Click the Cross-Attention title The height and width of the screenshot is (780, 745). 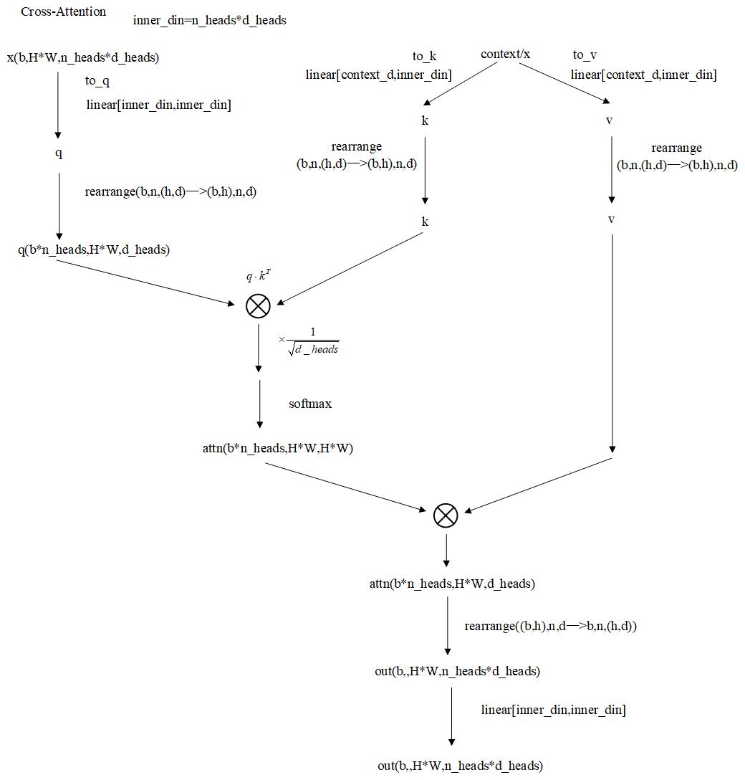64,12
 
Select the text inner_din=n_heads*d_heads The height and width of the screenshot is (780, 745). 210,20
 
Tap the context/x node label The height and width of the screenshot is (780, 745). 506,54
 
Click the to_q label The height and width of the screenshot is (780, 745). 97,81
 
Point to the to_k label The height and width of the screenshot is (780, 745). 424,56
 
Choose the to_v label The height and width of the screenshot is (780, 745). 585,55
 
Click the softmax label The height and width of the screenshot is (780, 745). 310,404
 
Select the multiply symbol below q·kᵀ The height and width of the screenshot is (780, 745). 258,306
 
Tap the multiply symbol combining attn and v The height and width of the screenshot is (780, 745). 446,515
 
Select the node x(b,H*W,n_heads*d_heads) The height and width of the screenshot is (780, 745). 83,57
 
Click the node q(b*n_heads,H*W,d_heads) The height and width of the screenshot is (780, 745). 94,249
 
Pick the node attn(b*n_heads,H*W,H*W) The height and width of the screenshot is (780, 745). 278,450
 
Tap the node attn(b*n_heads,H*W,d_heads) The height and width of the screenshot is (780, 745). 452,584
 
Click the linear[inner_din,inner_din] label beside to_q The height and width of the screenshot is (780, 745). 158,105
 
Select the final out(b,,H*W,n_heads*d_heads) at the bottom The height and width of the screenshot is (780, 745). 460,766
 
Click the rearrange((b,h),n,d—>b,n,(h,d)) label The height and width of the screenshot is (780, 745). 551,626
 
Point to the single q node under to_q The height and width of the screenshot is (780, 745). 59,153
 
